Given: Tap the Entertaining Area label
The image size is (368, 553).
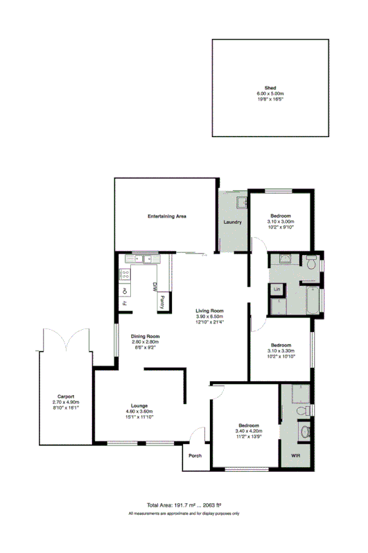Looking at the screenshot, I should [x=167, y=216].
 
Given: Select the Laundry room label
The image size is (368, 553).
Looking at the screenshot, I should [x=232, y=222].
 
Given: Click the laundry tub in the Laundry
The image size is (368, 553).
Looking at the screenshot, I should [x=242, y=202].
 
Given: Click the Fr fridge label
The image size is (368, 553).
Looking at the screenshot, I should [x=125, y=303].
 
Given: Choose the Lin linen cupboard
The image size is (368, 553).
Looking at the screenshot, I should [x=277, y=288].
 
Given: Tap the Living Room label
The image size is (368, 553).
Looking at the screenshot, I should [x=209, y=310].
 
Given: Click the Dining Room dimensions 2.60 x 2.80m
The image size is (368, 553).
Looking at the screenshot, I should [x=146, y=342].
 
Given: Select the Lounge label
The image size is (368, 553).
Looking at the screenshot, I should [x=139, y=406].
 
